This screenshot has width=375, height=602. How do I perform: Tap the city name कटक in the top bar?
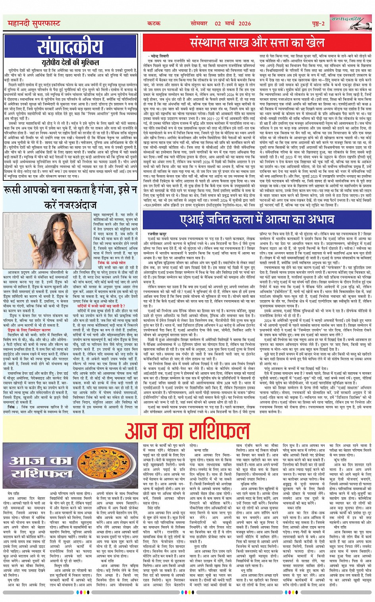154,24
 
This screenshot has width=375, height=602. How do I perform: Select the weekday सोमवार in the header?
202,24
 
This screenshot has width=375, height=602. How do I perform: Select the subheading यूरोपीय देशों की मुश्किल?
70,62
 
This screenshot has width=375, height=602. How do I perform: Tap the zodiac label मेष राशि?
15,493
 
